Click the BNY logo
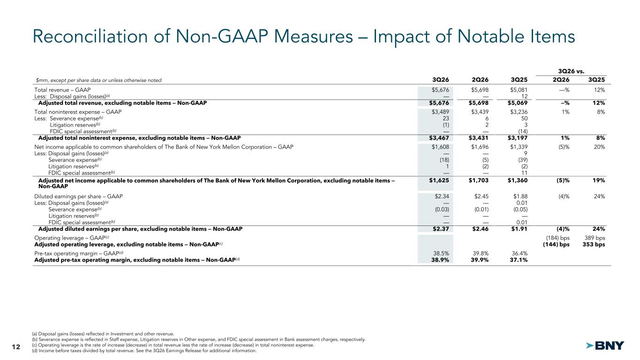605,346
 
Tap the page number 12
16,347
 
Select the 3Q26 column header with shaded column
441,80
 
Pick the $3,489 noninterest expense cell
440,112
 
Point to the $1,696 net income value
480,147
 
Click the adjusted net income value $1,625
439,180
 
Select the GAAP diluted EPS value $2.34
442,196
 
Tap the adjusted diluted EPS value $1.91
519,229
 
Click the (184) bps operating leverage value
558,238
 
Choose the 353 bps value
594,244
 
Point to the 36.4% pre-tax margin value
520,254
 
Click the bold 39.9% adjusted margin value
480,260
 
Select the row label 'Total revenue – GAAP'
62,90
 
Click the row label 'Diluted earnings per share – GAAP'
78,196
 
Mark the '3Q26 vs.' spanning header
571,71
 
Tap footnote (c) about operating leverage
173,345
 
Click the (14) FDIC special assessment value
523,131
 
